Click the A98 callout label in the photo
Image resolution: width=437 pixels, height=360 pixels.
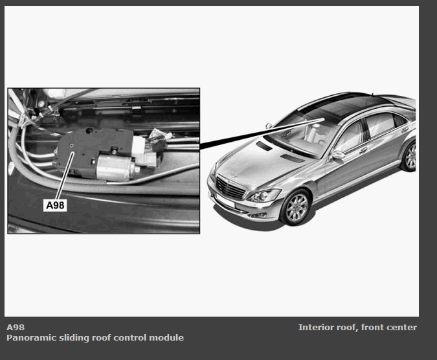[x=55, y=205]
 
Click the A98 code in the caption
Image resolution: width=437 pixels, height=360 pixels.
[x=16, y=327]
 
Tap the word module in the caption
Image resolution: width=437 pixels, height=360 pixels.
[x=166, y=338]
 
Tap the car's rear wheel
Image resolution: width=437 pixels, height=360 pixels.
[x=409, y=157]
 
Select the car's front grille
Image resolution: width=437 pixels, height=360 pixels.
[x=230, y=188]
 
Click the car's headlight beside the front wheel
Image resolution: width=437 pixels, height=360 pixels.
[x=264, y=195]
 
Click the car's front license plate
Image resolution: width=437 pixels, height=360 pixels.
[x=225, y=201]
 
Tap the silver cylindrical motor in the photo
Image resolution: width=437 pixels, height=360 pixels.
[x=118, y=168]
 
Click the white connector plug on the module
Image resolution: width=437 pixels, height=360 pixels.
[x=144, y=152]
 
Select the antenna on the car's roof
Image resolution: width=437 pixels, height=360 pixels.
[x=372, y=94]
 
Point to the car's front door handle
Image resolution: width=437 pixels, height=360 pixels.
[x=363, y=150]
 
